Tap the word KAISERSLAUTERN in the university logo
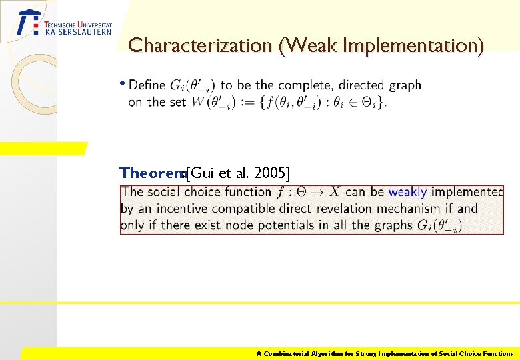pos(78,31)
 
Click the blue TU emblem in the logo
pos(29,23)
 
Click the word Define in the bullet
pos(147,85)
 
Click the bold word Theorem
pos(151,173)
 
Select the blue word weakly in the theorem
pos(407,192)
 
